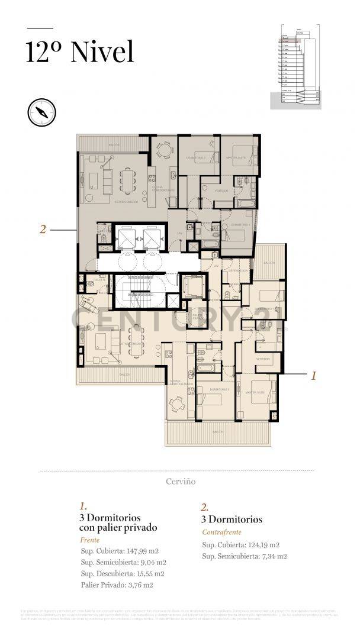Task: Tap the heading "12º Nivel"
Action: tap(79, 51)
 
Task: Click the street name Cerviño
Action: tap(181, 481)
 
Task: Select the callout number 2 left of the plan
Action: tap(43, 229)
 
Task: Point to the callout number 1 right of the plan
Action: tap(314, 375)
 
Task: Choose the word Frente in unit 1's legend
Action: tap(89, 540)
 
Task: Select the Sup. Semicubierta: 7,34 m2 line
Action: tap(245, 556)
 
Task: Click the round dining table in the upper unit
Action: tap(163, 150)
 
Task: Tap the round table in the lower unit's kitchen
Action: tap(176, 405)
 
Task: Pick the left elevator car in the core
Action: tap(127, 238)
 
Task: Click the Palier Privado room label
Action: tap(198, 318)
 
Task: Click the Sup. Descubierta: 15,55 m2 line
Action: tap(123, 573)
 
